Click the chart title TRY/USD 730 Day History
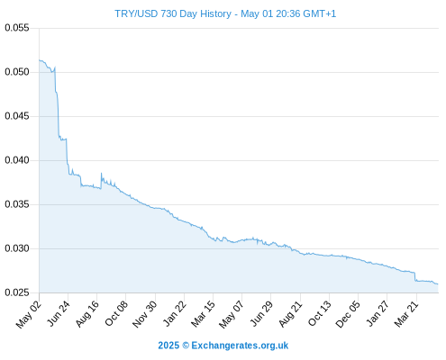coord(173,13)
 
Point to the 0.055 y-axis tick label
coord(17,28)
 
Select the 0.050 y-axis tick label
coord(17,72)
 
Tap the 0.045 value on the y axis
coord(17,116)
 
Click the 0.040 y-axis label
coord(17,160)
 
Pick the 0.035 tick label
coord(17,204)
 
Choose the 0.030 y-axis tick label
coord(17,248)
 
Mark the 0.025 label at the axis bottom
coord(17,292)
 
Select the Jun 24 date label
coord(59,313)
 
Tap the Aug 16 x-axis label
coord(87,313)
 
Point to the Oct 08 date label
coord(116,313)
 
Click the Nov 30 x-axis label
coord(145,314)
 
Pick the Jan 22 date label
coord(175,313)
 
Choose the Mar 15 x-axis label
coord(203,313)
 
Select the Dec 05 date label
coord(348,314)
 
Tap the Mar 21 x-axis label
coord(406,313)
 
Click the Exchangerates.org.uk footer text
coord(240,346)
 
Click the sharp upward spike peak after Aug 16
coord(101,173)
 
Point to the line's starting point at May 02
coord(40,60)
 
